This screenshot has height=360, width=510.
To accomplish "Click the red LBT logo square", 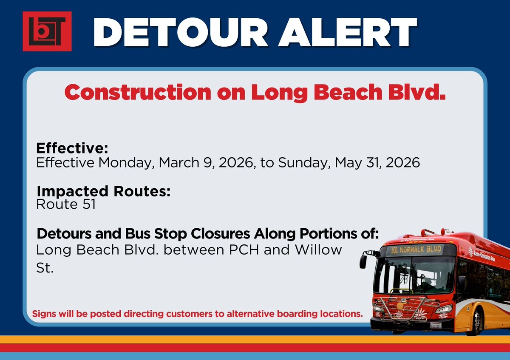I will [47, 31].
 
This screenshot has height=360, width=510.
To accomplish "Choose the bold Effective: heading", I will [72, 148].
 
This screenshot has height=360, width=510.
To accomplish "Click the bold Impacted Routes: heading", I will [103, 191].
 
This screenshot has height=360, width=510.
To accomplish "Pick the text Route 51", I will [66, 204].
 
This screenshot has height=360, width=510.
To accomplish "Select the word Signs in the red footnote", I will [44, 315].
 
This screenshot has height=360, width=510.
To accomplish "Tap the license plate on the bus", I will [435, 326].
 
